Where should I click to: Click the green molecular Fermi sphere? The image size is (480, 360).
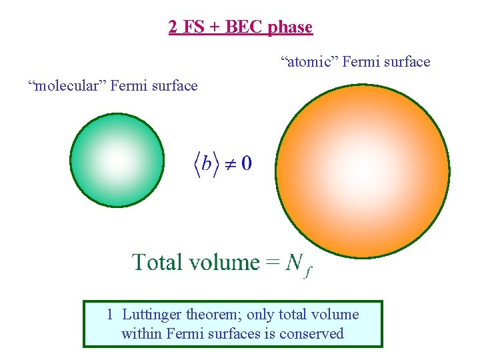(x=117, y=160)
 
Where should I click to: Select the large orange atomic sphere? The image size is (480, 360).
(x=363, y=171)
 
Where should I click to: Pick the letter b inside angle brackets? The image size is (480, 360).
(x=207, y=163)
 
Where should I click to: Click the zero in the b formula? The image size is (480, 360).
(x=246, y=163)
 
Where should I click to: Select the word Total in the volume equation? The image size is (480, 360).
(x=158, y=262)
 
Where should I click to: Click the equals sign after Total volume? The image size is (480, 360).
(x=272, y=263)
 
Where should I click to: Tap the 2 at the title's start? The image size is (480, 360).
(x=173, y=27)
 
